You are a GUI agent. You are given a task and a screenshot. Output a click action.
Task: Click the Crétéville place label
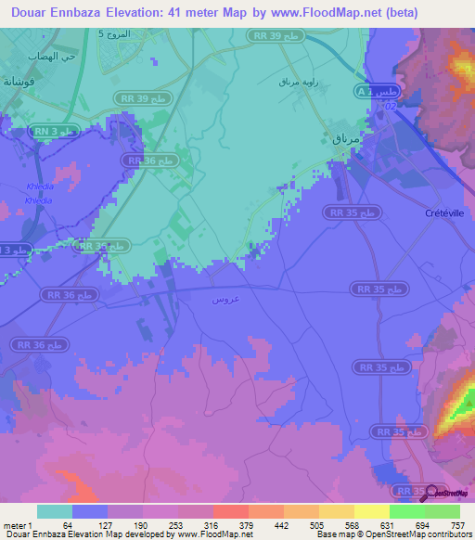pyautogui.click(x=444, y=212)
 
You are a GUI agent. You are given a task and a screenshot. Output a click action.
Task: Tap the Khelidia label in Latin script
pyautogui.click(x=36, y=186)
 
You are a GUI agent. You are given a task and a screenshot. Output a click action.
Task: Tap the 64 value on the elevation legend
pyautogui.click(x=68, y=526)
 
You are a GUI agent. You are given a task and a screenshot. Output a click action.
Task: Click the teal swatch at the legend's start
pyautogui.click(x=55, y=511)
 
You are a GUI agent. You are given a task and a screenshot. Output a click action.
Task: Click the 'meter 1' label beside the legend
pyautogui.click(x=18, y=526)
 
